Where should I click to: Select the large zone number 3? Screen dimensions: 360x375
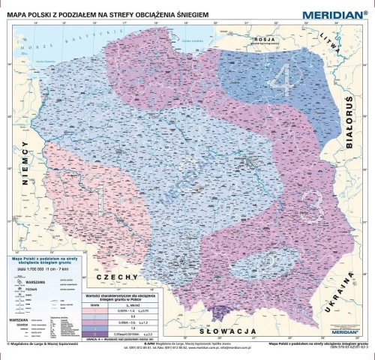pyautogui.click(x=314, y=202)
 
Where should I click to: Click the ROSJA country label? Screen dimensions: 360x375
pyautogui.click(x=265, y=40)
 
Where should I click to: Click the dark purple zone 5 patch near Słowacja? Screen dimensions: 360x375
pyautogui.click(x=222, y=310)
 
